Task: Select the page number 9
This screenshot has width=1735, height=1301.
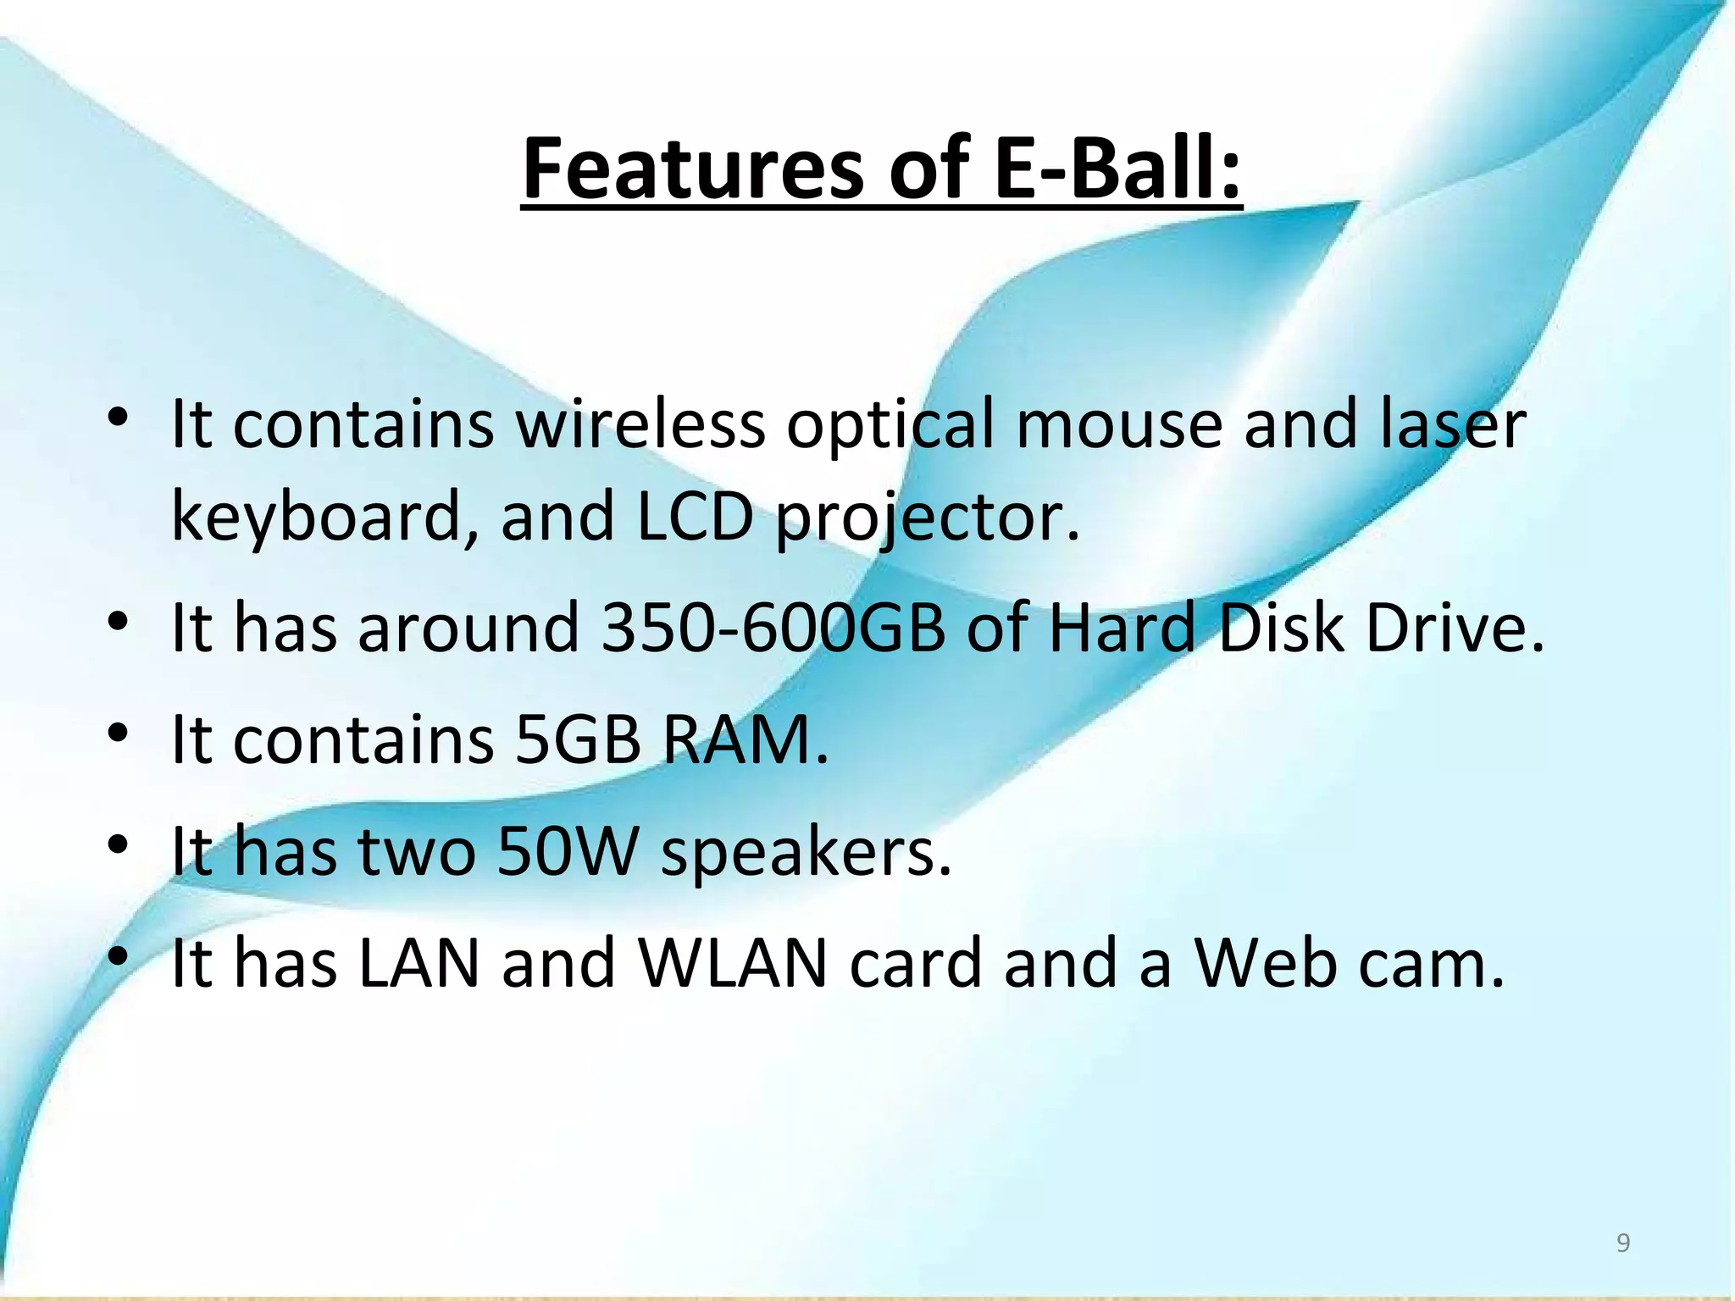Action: click(1622, 1243)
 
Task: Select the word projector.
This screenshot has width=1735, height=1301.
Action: click(928, 518)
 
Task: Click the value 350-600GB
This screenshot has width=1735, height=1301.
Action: click(773, 628)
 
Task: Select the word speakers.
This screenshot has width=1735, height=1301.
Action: click(806, 853)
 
